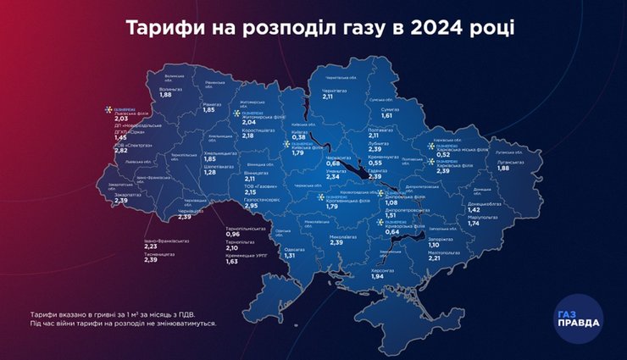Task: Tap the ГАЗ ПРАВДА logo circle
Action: coord(579,318)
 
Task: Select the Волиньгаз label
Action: coord(171,87)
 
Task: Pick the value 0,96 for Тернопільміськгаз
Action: coord(233,235)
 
